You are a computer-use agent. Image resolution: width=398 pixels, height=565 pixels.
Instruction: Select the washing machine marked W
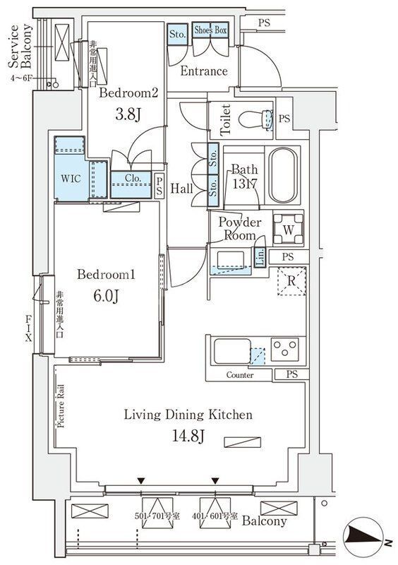pos(288,228)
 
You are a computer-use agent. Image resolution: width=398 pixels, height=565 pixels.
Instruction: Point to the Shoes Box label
pos(210,30)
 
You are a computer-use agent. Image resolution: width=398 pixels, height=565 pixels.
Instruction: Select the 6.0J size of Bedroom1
pos(105,295)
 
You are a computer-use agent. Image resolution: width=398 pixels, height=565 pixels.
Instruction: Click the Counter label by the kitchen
pos(240,375)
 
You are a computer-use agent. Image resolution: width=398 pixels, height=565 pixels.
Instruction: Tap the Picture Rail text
pos(61,405)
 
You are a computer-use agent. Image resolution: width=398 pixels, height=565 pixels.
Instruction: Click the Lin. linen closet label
pos(259,256)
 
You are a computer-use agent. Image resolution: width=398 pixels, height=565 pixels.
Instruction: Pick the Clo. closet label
pos(130,179)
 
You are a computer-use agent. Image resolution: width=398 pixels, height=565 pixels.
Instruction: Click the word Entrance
pos(204,71)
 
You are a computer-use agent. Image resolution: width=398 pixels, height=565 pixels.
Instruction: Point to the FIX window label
pos(29,327)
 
